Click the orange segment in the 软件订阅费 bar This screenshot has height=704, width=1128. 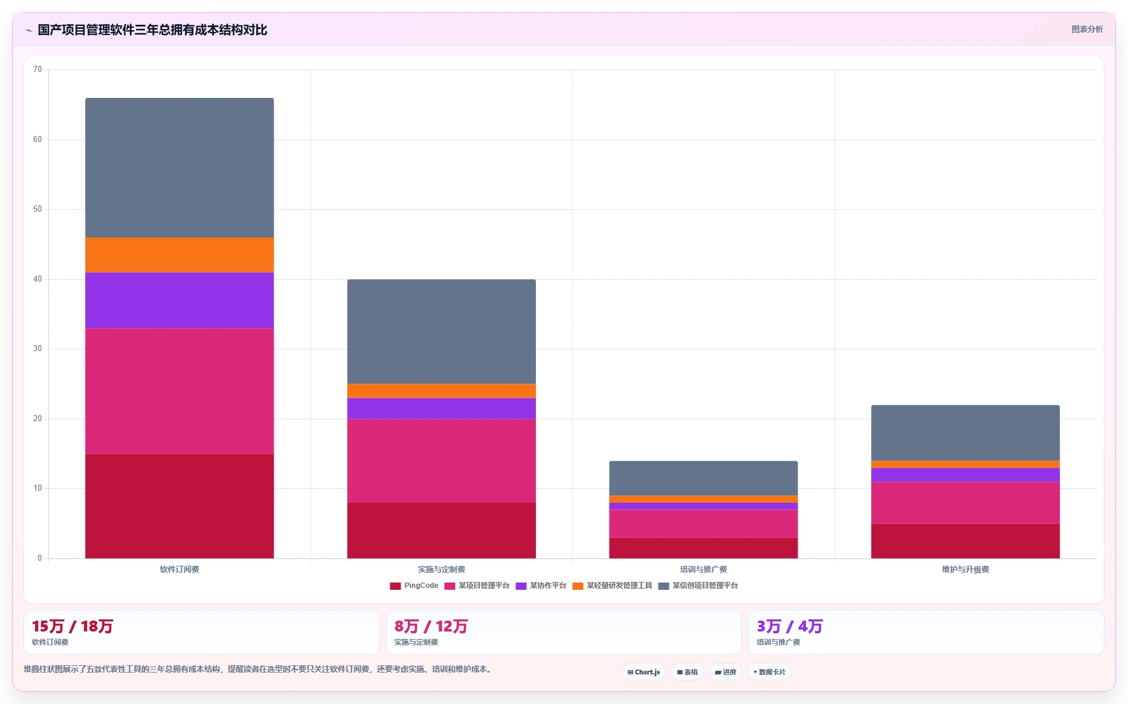point(179,255)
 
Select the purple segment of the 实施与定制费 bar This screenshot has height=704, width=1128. point(441,409)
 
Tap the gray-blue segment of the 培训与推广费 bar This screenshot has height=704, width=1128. point(703,479)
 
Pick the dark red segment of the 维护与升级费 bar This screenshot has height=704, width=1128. point(965,541)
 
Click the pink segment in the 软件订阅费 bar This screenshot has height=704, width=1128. point(179,391)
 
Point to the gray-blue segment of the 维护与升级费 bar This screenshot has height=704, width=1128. point(965,433)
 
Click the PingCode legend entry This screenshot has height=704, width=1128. point(414,586)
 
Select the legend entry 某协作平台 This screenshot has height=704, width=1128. point(541,586)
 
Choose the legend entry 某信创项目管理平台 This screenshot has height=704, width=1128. point(698,586)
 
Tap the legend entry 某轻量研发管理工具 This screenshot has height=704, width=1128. point(613,586)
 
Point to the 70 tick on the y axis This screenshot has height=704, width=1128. point(37,69)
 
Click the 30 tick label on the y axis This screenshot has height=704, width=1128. point(37,349)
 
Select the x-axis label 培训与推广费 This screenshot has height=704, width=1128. point(703,569)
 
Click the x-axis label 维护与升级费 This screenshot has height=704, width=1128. point(965,569)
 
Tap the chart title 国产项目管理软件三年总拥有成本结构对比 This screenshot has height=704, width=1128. point(152,30)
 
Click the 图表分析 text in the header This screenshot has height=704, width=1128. point(1087,29)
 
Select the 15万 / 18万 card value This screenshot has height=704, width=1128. point(73,626)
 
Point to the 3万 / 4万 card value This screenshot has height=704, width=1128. point(790,626)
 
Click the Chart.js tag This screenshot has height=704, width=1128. point(643,672)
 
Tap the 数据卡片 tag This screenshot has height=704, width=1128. point(769,672)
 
